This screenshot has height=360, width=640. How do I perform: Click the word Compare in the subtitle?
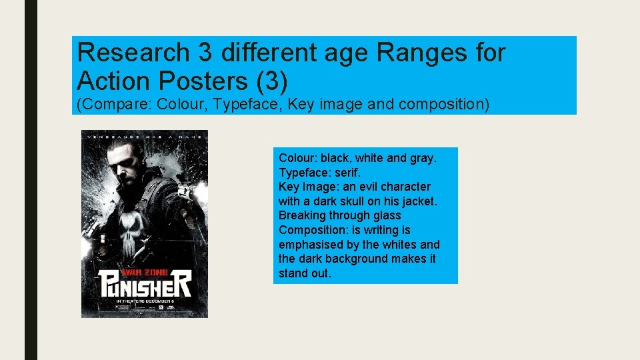click(117, 104)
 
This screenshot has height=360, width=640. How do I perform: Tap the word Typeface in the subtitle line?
click(255, 104)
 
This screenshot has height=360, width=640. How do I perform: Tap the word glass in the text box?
click(387, 215)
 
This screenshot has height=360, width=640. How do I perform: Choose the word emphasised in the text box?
click(311, 244)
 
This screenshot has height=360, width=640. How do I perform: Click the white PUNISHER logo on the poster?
click(145, 287)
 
